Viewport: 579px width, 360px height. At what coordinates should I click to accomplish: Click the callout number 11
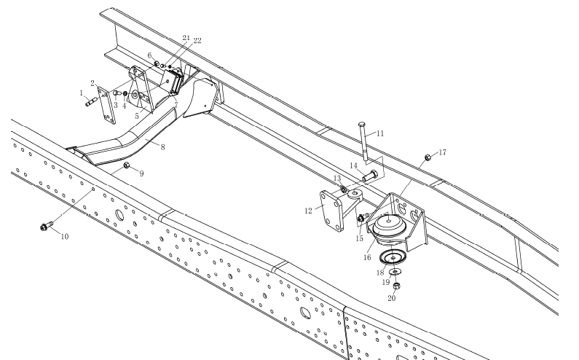pos(380,133)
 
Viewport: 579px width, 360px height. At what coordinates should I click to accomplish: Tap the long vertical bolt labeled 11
pos(363,141)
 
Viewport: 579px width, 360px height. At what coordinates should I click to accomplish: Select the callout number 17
pos(442,152)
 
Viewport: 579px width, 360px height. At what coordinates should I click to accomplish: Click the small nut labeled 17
pos(428,157)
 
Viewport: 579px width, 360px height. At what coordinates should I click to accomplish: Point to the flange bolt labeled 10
pos(47,225)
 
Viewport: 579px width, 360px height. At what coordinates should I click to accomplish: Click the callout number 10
pos(65,237)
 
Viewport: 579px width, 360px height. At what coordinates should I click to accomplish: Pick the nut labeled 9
pos(126,165)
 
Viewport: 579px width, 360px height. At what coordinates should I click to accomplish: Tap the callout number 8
pos(162,147)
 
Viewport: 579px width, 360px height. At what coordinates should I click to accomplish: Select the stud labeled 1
pos(92,101)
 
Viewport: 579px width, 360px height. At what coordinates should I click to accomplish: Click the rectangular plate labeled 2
pos(107,106)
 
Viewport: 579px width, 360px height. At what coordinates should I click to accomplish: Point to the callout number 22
pos(197,41)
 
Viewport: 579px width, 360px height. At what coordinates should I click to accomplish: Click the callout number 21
pos(186,38)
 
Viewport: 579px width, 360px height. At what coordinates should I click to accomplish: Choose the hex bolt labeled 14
pos(370,176)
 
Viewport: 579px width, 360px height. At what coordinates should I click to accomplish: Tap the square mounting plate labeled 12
pos(332,211)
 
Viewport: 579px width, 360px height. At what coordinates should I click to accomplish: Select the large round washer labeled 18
pos(393,257)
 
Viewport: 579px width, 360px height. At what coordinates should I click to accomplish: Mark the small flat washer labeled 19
pos(395,273)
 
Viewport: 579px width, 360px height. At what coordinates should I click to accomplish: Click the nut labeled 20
pos(396,286)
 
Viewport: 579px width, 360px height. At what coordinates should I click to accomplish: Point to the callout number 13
pos(336,179)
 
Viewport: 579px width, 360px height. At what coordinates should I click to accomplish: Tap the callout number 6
pos(149,55)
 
